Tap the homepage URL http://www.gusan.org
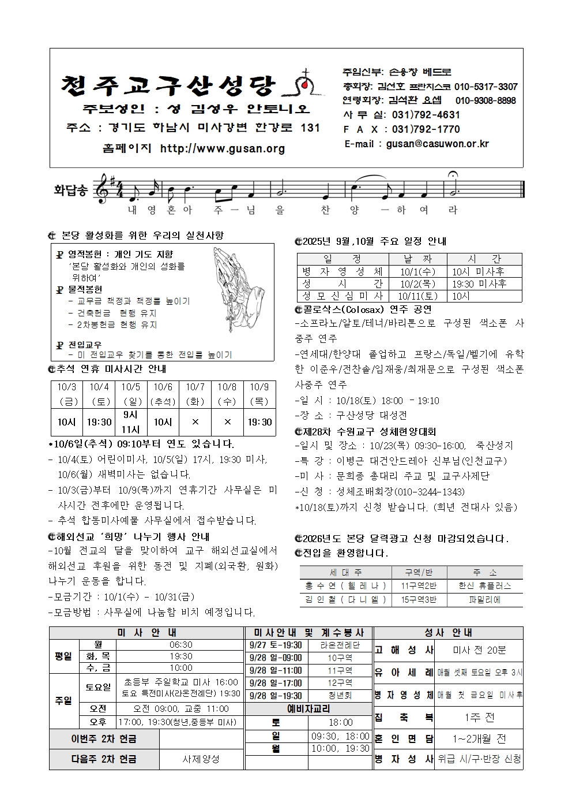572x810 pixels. (222, 149)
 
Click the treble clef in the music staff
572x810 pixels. (103, 188)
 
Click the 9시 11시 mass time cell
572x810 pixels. (131, 422)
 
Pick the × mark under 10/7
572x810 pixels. (195, 422)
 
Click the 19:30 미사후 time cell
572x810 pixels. (479, 283)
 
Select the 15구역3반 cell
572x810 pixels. (419, 600)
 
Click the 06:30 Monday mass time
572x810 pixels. (181, 644)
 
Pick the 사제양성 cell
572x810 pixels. (201, 759)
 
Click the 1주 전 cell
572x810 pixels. (479, 718)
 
